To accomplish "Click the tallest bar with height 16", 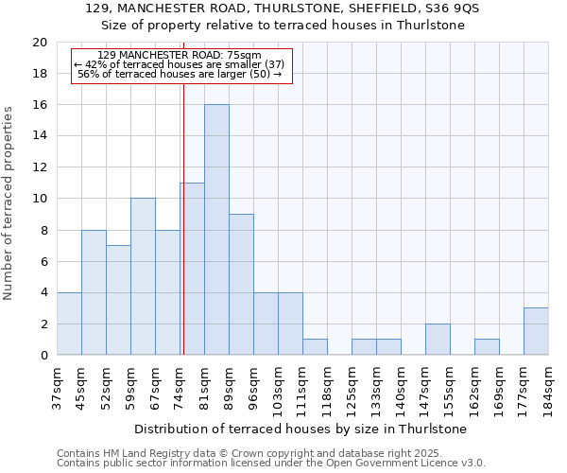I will point(216,230).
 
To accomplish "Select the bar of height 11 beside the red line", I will point(192,269).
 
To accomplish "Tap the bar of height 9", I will point(241,285).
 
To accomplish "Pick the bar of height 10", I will point(143,276).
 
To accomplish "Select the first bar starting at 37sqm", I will point(69,324).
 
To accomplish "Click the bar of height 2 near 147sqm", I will point(438,340).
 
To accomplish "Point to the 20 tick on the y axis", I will point(39,43).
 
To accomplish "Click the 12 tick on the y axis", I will point(39,167).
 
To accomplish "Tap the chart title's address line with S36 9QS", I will point(283,8).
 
